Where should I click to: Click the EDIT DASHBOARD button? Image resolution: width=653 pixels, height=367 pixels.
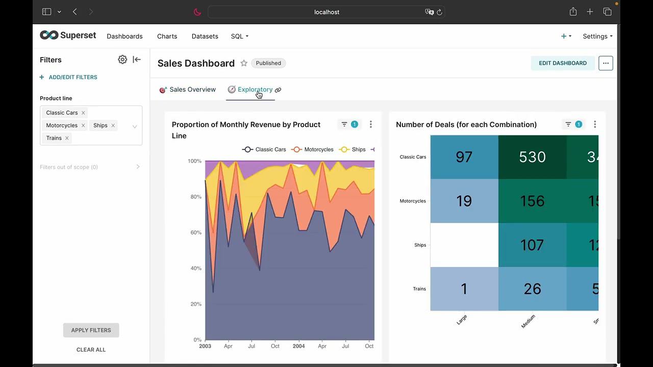click(x=562, y=63)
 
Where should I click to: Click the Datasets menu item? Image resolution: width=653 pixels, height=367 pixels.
click(x=205, y=36)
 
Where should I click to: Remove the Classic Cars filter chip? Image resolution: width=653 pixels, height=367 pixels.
click(x=83, y=113)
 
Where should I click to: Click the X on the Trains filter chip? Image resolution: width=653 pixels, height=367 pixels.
click(x=67, y=138)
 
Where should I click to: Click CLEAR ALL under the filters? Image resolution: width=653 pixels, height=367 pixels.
click(x=91, y=350)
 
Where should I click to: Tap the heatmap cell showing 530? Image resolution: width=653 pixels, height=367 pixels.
click(x=532, y=157)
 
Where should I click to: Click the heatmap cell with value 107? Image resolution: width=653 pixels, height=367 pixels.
click(x=532, y=245)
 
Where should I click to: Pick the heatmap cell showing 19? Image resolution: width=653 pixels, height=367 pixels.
click(x=464, y=201)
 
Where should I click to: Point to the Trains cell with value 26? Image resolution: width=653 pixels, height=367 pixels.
click(x=532, y=289)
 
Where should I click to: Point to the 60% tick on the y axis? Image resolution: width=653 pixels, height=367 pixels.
click(x=195, y=232)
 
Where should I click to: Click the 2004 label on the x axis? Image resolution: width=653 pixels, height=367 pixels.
click(x=298, y=346)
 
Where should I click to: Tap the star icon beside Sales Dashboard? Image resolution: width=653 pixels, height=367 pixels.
click(x=244, y=63)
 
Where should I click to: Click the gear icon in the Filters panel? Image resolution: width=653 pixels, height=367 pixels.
click(x=122, y=60)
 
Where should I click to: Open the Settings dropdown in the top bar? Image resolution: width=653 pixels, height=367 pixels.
click(x=597, y=36)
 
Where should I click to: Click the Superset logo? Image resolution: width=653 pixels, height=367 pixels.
click(x=68, y=35)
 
